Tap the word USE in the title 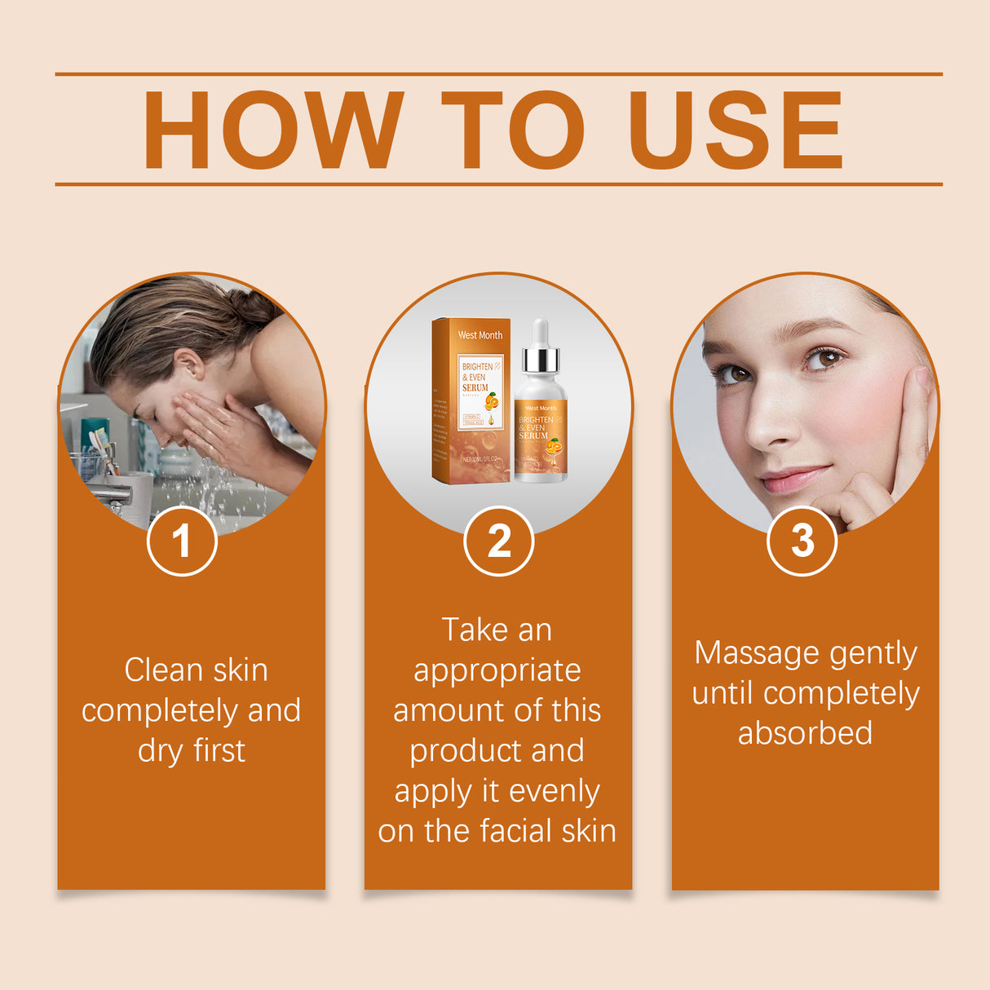(x=736, y=130)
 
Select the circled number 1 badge (x=182, y=541)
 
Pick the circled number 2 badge (x=498, y=541)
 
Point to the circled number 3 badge (x=802, y=541)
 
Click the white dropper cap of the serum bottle (x=540, y=334)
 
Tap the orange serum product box (x=471, y=400)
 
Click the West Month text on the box (x=480, y=335)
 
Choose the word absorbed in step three (x=805, y=733)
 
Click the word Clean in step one (x=163, y=670)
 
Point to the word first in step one (x=219, y=750)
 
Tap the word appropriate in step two (x=497, y=671)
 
